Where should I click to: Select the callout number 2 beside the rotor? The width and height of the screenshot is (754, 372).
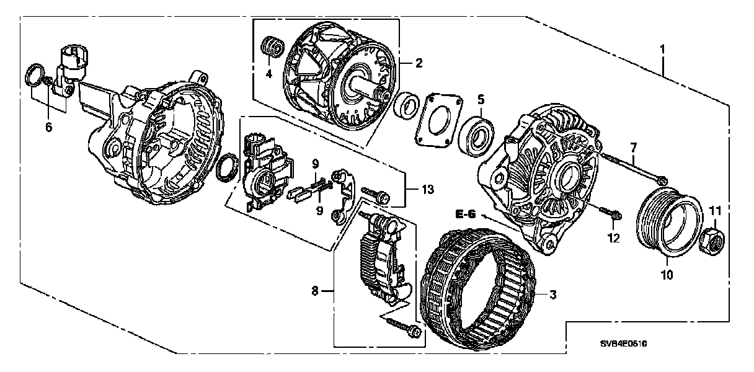coord(419,63)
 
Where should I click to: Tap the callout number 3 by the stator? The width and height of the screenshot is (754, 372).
coord(552,296)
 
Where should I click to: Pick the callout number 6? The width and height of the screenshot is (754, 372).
coord(49,127)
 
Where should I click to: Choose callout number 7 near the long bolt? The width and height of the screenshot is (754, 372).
coord(632,147)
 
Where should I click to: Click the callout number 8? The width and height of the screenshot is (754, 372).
coord(316,290)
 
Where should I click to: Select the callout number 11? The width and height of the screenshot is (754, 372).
coord(714,211)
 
